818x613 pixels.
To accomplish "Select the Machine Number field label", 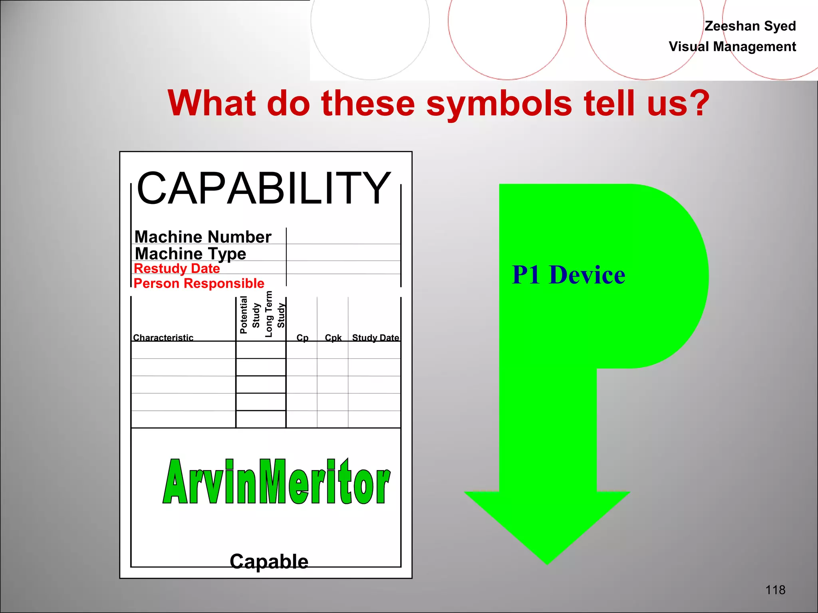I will (203, 237).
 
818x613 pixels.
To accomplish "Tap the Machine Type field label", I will (191, 254).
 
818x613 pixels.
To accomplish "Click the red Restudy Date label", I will (177, 269).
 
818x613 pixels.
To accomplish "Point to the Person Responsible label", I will (199, 283).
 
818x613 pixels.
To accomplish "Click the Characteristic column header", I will (163, 338).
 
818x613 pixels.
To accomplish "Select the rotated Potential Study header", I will (250, 315).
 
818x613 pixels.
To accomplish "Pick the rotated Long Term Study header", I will (275, 314).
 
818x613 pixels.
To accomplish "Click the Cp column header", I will (302, 338).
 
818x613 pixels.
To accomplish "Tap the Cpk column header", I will (333, 338).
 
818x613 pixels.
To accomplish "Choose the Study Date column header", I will (375, 338).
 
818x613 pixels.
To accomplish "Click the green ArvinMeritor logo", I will (276, 482).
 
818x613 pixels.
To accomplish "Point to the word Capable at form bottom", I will (269, 562).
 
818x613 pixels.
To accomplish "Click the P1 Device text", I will (568, 275).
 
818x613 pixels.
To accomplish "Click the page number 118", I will (775, 589).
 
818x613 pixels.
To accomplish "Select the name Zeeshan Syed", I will (750, 26).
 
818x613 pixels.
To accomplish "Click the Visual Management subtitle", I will (732, 47).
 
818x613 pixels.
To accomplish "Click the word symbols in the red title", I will (499, 103).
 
